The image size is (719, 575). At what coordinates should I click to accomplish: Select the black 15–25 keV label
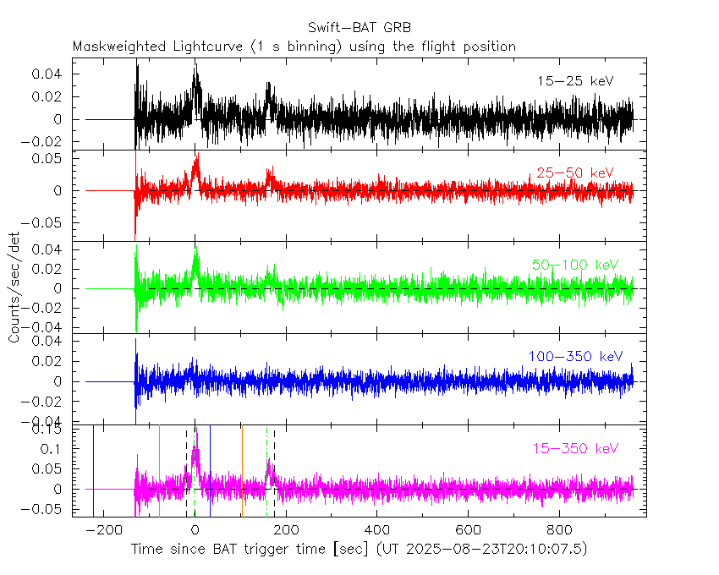point(575,81)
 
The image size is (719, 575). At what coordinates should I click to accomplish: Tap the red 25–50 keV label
point(574,173)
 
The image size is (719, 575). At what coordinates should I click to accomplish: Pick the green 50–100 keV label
point(571,265)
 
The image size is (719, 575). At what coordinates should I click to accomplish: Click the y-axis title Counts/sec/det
point(14,287)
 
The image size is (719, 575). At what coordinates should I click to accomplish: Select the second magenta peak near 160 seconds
point(269,462)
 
